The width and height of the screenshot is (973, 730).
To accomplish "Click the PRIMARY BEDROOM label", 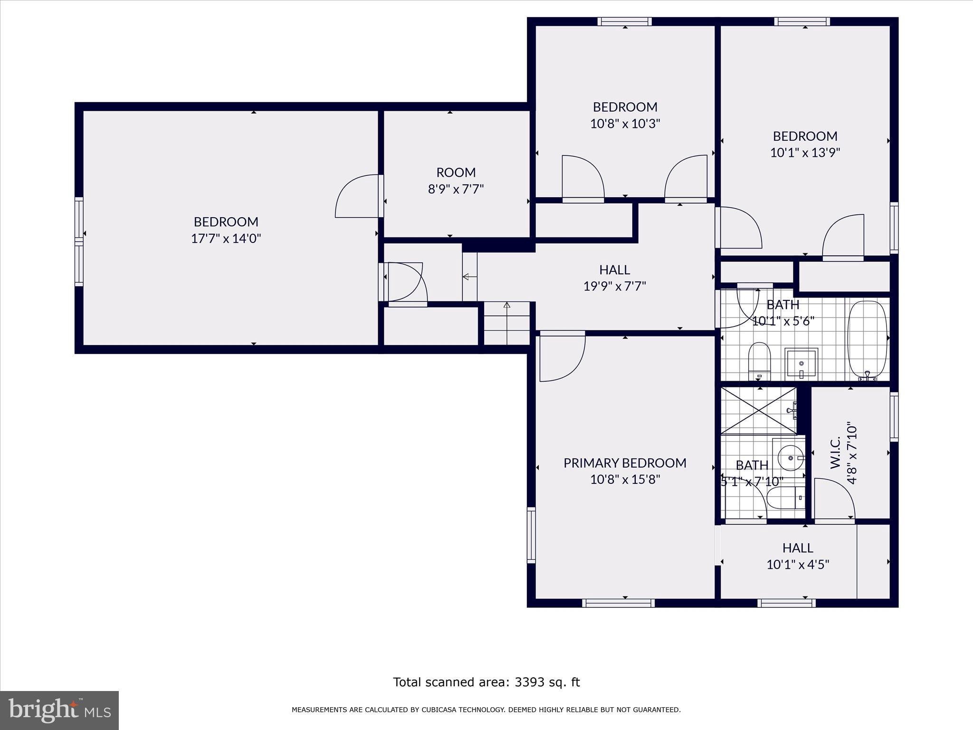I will click(x=625, y=463).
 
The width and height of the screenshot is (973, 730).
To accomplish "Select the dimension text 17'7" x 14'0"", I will click(x=226, y=239).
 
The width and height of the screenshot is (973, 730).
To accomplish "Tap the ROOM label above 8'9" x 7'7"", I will click(x=456, y=172).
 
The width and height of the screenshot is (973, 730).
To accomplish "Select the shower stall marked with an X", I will click(x=758, y=410).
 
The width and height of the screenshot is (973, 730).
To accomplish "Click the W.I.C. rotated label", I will click(x=836, y=453).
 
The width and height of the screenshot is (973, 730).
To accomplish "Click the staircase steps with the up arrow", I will click(x=506, y=323).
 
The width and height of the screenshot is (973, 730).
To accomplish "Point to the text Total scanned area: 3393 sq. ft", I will click(x=486, y=682).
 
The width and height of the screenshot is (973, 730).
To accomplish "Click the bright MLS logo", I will click(x=59, y=710).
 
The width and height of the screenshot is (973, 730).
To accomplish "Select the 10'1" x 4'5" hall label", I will click(x=798, y=565).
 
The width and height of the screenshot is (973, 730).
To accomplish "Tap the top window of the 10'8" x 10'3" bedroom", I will click(x=624, y=21).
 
